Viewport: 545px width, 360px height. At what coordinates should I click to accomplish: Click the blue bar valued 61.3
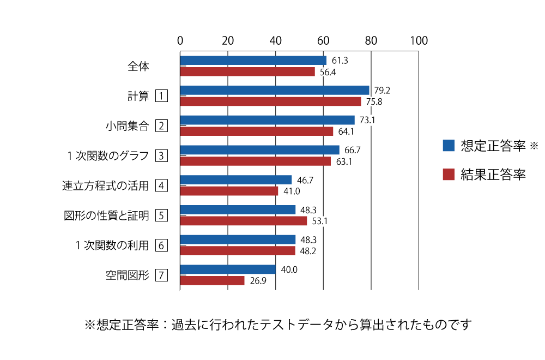pyautogui.click(x=253, y=61)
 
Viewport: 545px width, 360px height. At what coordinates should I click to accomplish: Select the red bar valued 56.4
pyautogui.click(x=247, y=72)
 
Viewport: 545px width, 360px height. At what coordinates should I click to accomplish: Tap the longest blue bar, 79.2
pyautogui.click(x=275, y=91)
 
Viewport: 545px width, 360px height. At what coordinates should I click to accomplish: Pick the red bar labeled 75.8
pyautogui.click(x=271, y=101)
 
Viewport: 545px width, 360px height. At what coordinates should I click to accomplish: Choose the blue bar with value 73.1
pyautogui.click(x=268, y=120)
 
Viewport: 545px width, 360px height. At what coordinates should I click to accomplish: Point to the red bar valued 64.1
pyautogui.click(x=257, y=131)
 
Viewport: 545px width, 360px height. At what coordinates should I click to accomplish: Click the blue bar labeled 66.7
pyautogui.click(x=260, y=150)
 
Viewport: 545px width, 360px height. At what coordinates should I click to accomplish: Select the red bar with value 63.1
pyautogui.click(x=256, y=161)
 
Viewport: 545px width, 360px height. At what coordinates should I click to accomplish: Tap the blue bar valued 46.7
pyautogui.click(x=236, y=180)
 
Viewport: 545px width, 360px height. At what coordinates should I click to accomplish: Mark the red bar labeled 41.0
pyautogui.click(x=229, y=191)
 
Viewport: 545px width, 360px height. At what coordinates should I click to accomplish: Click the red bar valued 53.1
pyautogui.click(x=244, y=221)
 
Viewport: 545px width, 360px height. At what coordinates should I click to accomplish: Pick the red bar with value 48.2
pyautogui.click(x=238, y=251)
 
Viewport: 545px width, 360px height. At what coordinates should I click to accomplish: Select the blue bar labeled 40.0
pyautogui.click(x=228, y=269)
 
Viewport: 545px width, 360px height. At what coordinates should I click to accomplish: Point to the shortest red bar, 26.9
pyautogui.click(x=213, y=280)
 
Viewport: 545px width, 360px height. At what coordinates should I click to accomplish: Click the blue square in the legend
pyautogui.click(x=449, y=146)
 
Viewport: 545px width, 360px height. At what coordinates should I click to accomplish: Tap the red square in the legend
pyautogui.click(x=449, y=175)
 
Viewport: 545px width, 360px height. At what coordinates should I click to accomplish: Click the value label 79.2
pyautogui.click(x=382, y=91)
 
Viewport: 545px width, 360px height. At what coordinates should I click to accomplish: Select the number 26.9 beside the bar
pyautogui.click(x=258, y=281)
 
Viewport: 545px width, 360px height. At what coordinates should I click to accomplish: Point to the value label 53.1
pyautogui.click(x=320, y=221)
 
